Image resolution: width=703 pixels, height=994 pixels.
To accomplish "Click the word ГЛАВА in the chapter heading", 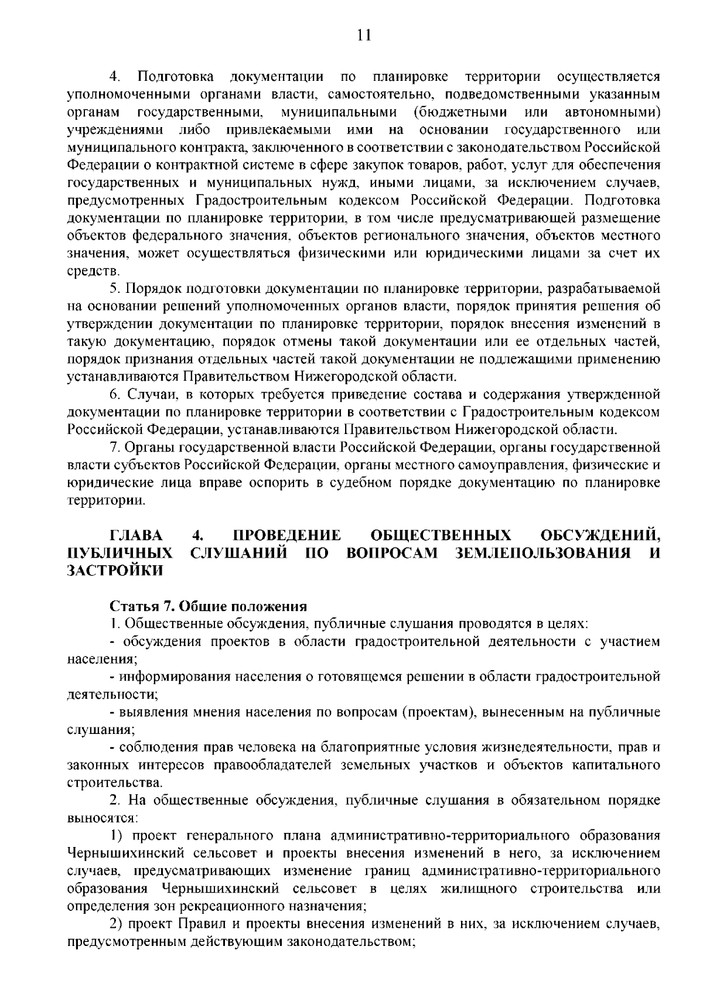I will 137,535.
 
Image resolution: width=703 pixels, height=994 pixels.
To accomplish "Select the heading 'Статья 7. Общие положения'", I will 209,606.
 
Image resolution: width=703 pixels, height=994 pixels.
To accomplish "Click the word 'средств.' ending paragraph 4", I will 86,271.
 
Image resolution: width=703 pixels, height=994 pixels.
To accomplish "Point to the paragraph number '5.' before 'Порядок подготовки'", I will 115,289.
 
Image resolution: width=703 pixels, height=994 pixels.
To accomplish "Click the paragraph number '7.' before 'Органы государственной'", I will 115,448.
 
